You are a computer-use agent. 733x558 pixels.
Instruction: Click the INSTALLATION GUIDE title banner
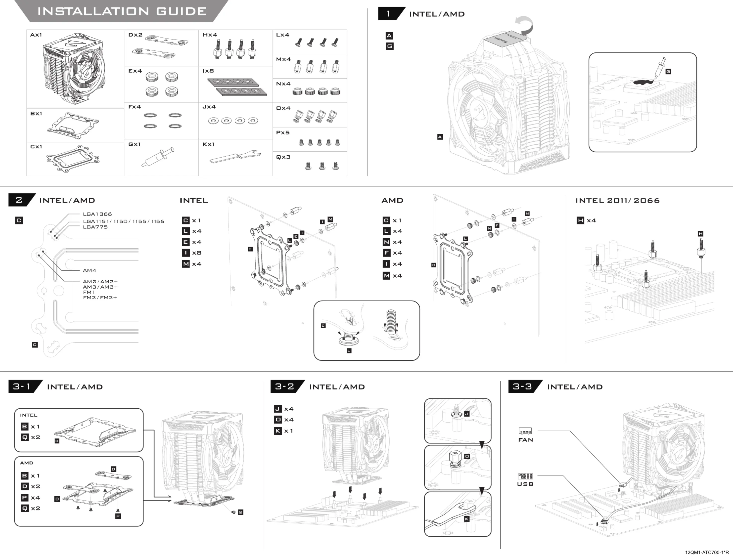[122, 11]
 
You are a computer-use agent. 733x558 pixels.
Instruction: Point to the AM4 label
[89, 271]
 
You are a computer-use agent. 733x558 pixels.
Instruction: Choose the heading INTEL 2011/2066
[617, 201]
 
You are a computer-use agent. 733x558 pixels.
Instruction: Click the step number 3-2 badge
[285, 386]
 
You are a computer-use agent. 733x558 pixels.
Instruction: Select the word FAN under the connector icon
[525, 440]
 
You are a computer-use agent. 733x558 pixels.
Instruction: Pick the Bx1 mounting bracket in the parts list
[73, 126]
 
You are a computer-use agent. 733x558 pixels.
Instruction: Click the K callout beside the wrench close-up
[467, 519]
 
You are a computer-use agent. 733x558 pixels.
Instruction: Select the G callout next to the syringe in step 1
[668, 71]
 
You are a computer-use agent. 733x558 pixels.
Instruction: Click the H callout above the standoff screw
[700, 234]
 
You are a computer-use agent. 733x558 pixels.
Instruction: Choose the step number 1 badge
[388, 14]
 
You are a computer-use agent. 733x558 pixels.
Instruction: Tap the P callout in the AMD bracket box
[118, 516]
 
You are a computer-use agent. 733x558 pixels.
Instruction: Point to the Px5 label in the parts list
[283, 132]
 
